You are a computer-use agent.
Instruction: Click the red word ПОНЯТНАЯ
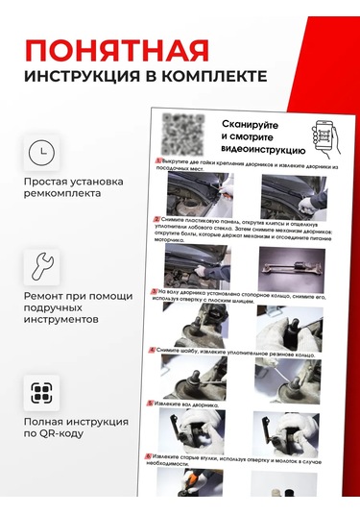coord(116,49)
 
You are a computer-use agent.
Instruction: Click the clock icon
coord(41,153)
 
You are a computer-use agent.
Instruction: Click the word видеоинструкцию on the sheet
coord(263,151)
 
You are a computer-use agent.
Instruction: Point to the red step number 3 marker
coord(155,290)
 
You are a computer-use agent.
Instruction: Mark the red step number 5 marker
coord(150,404)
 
